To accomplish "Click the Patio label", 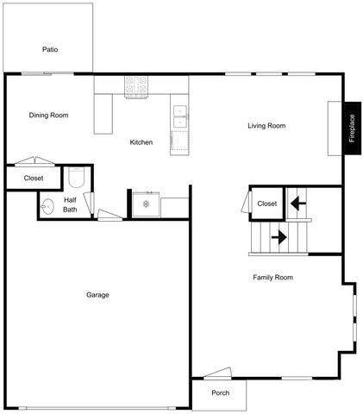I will click(x=50, y=49).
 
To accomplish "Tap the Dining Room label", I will click(x=48, y=115).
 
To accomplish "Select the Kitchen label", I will click(x=141, y=142).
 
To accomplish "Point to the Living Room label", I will click(x=266, y=126).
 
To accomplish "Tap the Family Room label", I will click(x=272, y=278).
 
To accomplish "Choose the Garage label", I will click(x=97, y=295).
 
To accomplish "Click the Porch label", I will click(x=221, y=393).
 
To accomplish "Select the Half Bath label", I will click(x=70, y=204).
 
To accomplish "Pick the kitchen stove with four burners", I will click(x=136, y=85).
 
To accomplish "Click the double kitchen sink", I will click(x=180, y=117).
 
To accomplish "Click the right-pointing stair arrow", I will click(x=279, y=235).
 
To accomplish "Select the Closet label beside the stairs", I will click(x=266, y=204).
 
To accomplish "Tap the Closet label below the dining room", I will click(x=34, y=179).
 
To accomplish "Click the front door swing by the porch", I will click(x=217, y=373).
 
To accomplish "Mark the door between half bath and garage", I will click(x=109, y=216).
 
